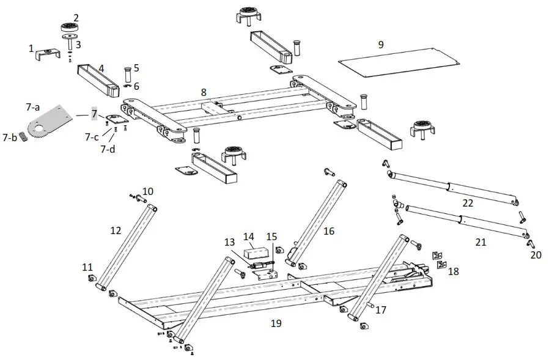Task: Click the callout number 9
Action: click(381, 44)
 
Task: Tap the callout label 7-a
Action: click(32, 106)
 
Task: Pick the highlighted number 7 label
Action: click(94, 114)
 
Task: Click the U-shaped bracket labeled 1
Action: click(47, 54)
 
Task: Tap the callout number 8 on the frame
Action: click(204, 92)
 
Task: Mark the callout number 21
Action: click(481, 242)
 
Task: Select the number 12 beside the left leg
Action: click(116, 230)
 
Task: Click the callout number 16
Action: click(329, 230)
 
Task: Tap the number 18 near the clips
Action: click(452, 271)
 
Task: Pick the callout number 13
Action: click(229, 243)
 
